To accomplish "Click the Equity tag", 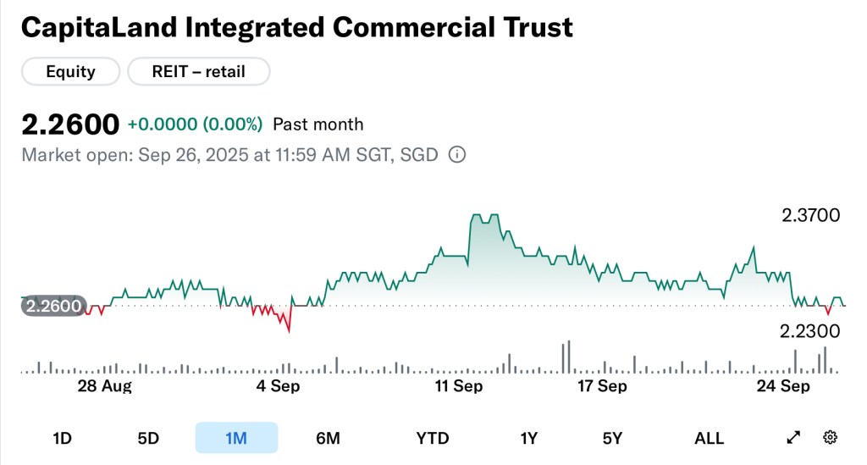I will (x=70, y=72).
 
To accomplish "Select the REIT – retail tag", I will (x=199, y=72).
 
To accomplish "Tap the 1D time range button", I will (x=62, y=438).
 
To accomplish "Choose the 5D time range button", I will (x=148, y=438).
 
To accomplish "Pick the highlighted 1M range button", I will (x=236, y=438).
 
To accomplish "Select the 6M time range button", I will (x=328, y=438).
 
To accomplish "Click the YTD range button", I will (x=432, y=438).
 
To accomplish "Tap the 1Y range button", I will (x=529, y=438).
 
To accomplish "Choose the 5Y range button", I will (x=612, y=438).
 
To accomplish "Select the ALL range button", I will (x=709, y=438).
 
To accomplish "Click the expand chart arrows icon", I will (x=793, y=438).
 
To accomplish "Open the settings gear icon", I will (x=831, y=438).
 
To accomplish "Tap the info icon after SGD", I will (x=456, y=155).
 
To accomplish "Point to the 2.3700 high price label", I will (x=810, y=215).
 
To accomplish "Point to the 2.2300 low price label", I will (x=810, y=331).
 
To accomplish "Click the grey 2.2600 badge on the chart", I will (x=52, y=306).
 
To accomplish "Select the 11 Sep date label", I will (x=460, y=386).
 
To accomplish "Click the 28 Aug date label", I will (x=105, y=386).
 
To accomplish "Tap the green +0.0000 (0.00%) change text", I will (x=195, y=125).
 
